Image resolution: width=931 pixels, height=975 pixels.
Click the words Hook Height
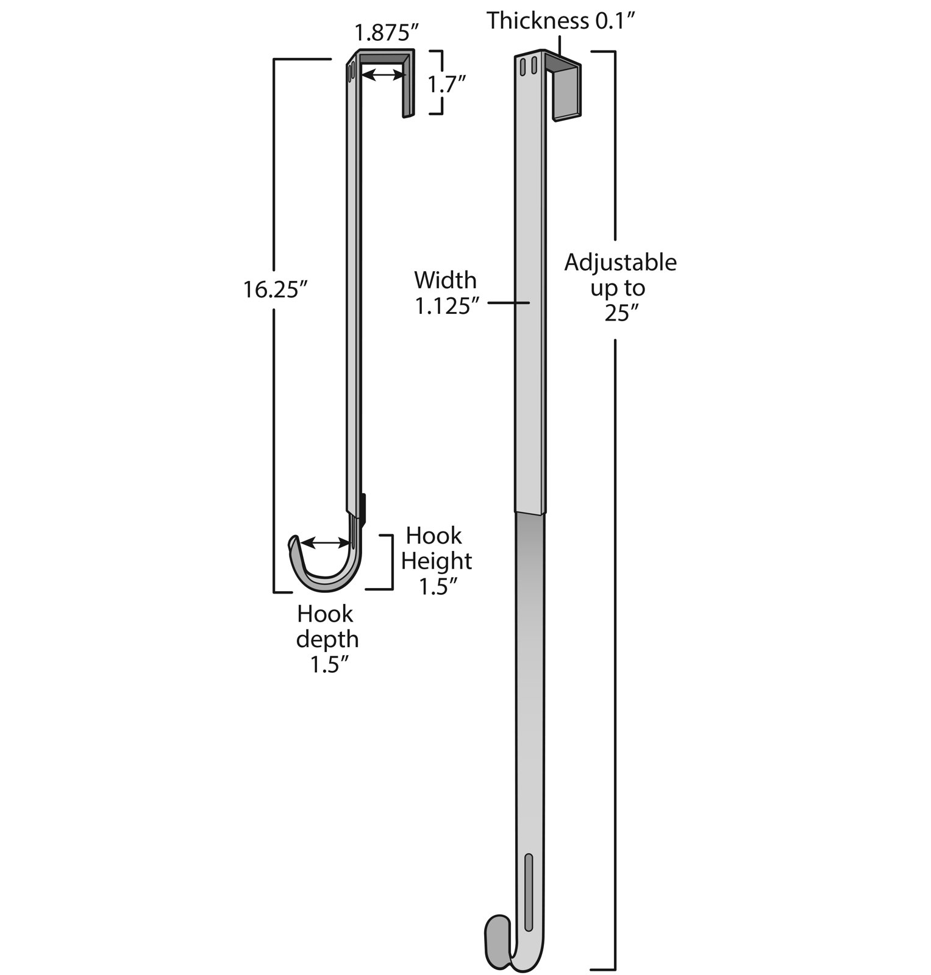[437, 548]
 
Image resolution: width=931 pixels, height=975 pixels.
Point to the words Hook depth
[327, 626]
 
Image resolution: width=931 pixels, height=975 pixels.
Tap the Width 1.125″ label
[446, 292]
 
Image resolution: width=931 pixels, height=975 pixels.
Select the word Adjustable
[620, 263]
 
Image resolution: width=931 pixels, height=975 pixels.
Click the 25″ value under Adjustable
[622, 313]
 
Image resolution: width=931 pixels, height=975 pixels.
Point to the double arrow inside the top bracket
[383, 75]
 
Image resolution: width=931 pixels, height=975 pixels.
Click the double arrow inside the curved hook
[326, 542]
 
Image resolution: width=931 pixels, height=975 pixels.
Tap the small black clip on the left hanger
[363, 509]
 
